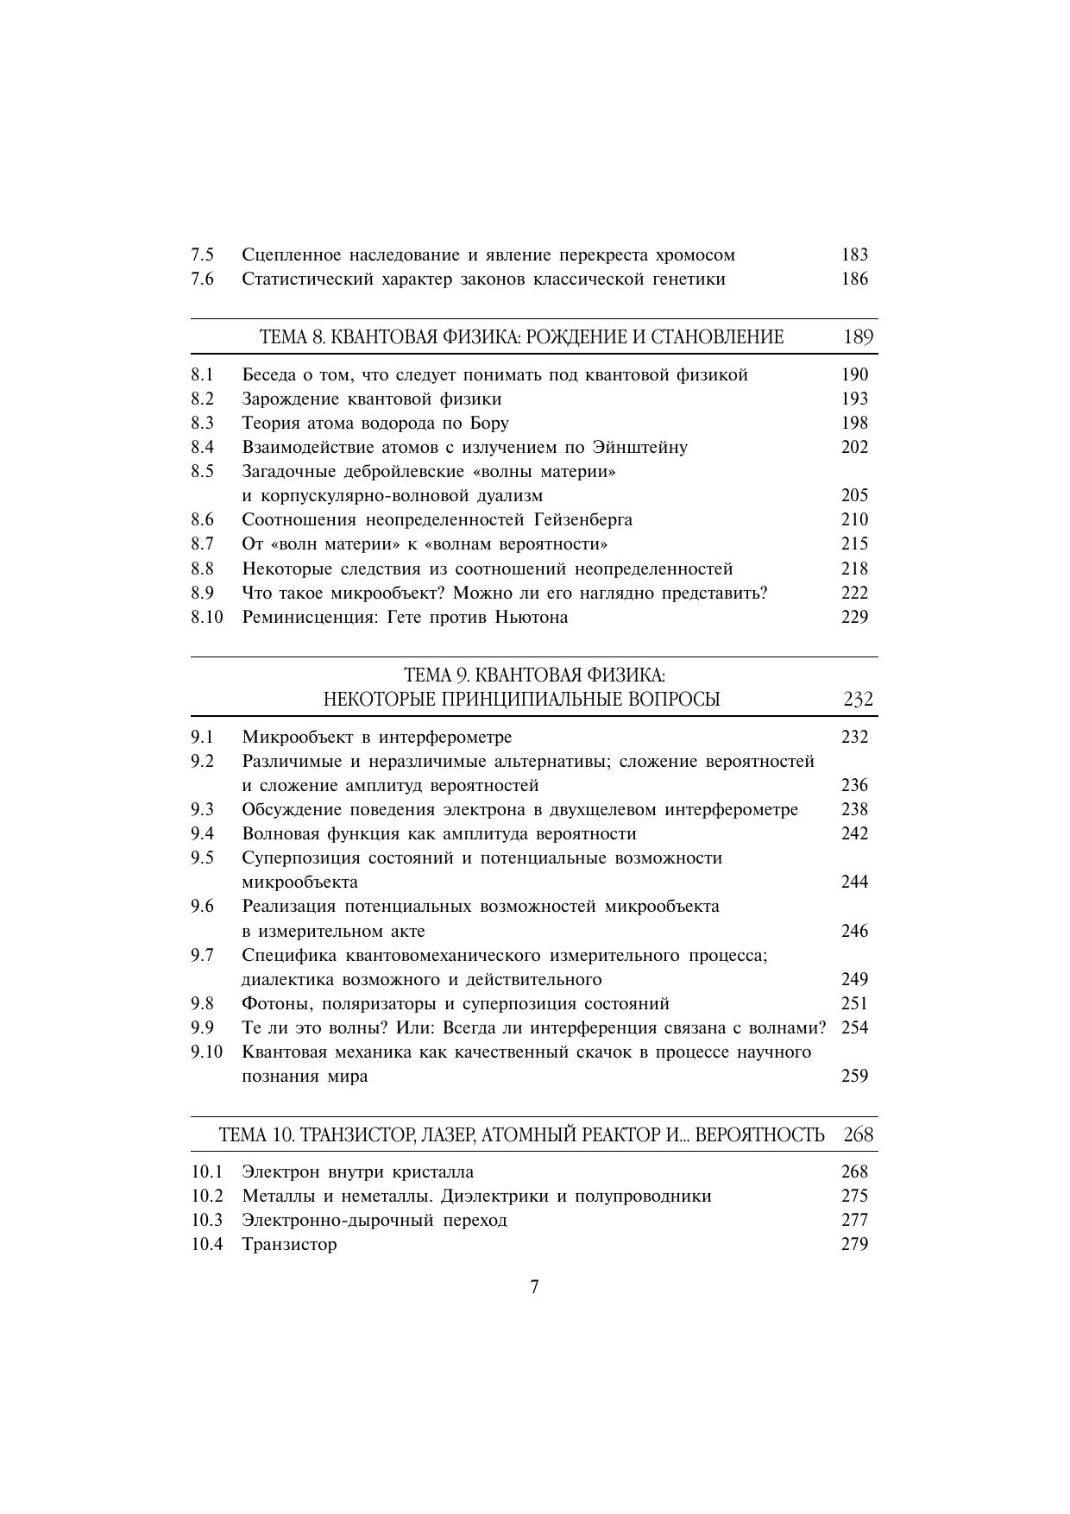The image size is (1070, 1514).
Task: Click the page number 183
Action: (x=854, y=254)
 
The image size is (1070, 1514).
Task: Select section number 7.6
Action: (x=203, y=279)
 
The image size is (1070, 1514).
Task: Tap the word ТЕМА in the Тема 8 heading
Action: (x=278, y=336)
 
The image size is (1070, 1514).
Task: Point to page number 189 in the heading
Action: (x=858, y=336)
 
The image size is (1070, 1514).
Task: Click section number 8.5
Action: (x=203, y=471)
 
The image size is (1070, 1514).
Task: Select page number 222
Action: (x=854, y=593)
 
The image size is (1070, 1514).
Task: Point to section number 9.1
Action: (x=203, y=737)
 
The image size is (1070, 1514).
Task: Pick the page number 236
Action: (x=854, y=785)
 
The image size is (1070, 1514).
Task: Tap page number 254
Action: (x=854, y=1027)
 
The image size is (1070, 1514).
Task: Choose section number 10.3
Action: (x=207, y=1220)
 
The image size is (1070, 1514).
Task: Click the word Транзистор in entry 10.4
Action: (x=289, y=1244)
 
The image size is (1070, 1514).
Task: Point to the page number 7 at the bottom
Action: (x=534, y=1287)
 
